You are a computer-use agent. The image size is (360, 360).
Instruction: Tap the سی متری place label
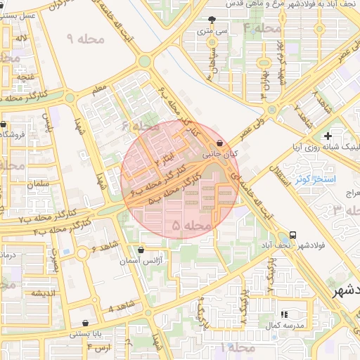click(213, 32)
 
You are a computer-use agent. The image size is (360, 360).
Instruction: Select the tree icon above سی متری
click(212, 20)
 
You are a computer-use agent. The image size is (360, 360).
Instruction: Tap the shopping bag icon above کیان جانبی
click(220, 141)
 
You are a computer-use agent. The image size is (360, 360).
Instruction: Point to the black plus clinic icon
click(327, 136)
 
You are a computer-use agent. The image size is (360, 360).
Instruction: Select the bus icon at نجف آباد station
click(292, 236)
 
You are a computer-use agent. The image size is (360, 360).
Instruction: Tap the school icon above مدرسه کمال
click(284, 314)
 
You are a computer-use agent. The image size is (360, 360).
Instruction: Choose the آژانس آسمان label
click(141, 260)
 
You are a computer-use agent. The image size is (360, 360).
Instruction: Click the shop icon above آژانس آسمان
click(141, 249)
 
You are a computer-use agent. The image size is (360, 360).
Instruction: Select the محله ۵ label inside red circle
click(191, 225)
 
